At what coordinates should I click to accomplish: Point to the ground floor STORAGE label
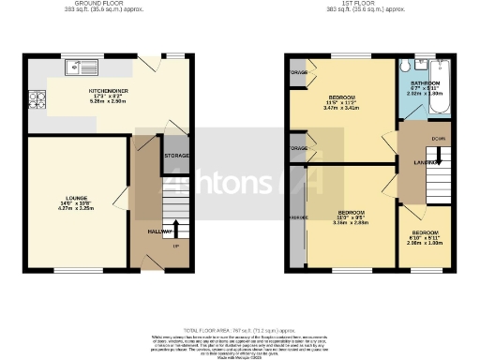click(177, 155)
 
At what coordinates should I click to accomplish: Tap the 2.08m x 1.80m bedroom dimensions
click(426, 242)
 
